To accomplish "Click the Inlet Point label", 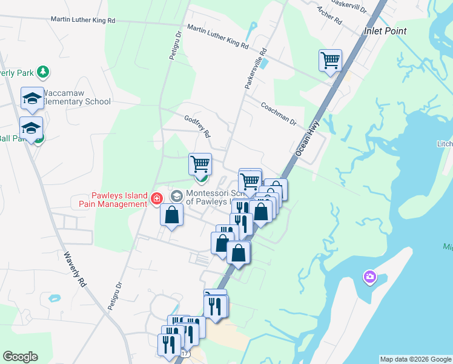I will (385, 30).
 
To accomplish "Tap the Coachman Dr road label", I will (278, 113).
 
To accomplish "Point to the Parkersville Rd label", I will (256, 70).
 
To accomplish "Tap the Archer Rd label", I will (330, 16).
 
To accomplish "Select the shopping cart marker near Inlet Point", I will (330, 61).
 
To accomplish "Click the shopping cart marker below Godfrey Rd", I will (200, 164).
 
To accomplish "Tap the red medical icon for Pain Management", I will (156, 198).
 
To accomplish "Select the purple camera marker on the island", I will (369, 277).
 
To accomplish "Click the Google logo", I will (20, 357).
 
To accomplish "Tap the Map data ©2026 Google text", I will (415, 359).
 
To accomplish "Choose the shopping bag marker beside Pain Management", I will (172, 215).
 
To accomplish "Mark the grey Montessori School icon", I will (177, 196).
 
